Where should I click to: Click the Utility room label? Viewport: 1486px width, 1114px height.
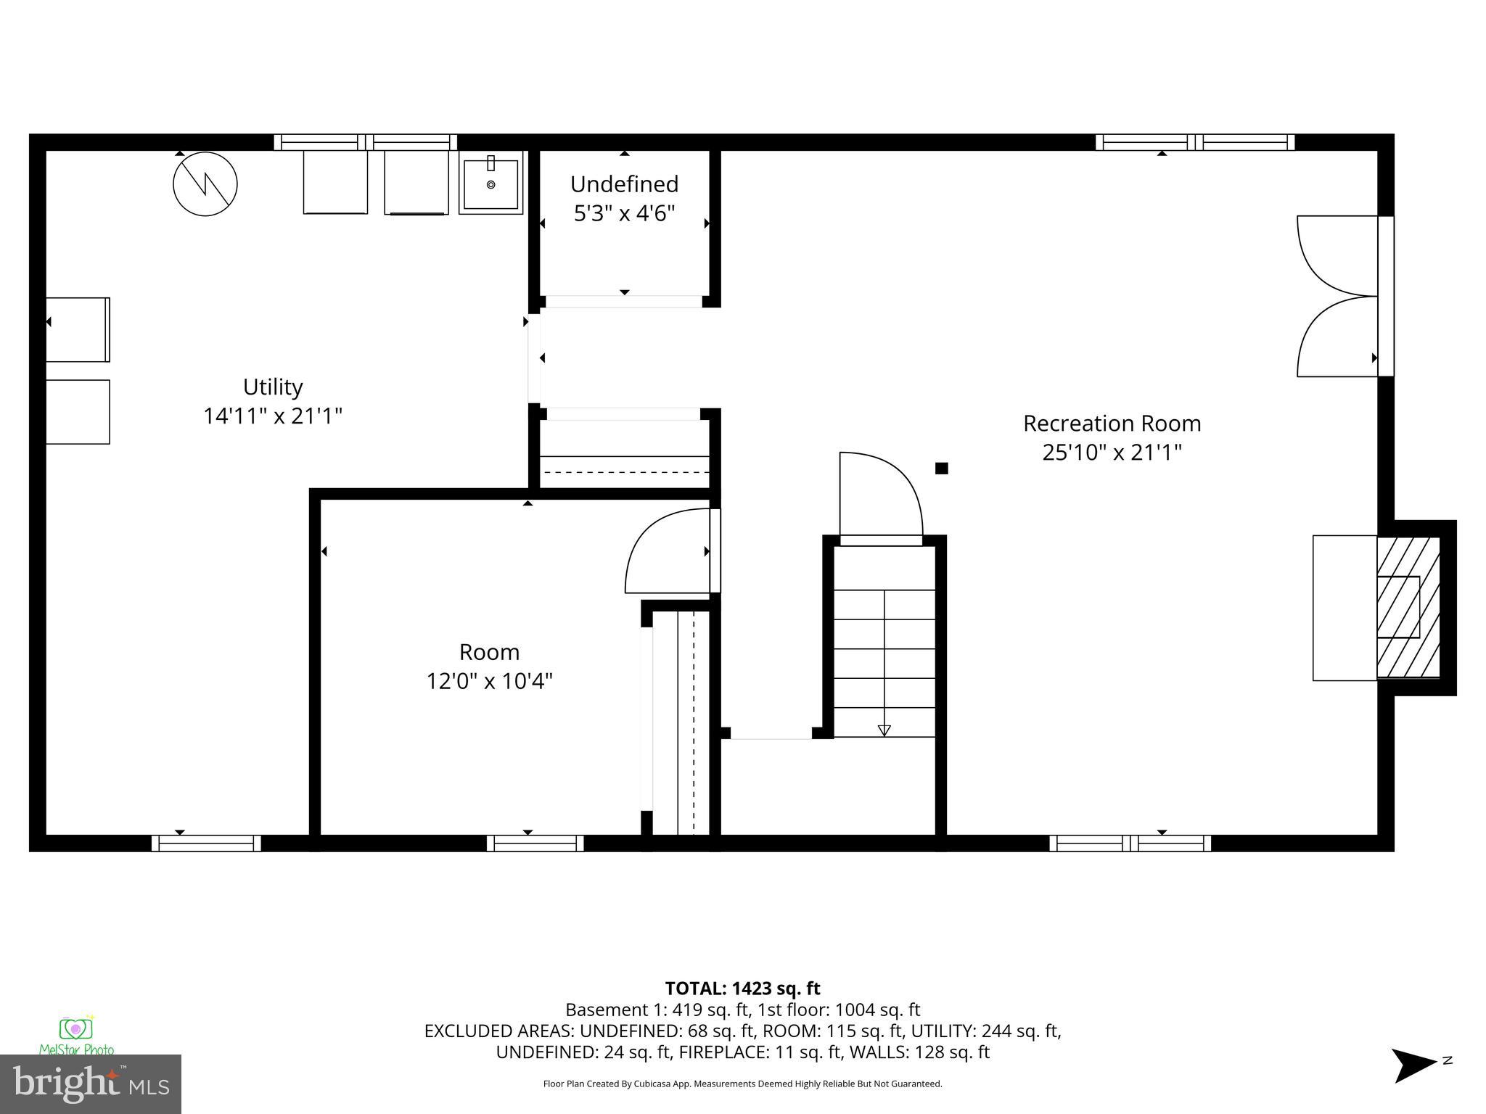click(272, 387)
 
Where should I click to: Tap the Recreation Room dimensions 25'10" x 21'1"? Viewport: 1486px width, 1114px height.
click(1112, 453)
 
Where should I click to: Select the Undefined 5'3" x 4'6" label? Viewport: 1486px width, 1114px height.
click(624, 199)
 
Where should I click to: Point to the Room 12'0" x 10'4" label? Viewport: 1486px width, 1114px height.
click(489, 667)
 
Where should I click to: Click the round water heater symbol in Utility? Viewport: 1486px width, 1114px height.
click(205, 183)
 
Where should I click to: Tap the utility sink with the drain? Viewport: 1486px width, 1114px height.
click(491, 183)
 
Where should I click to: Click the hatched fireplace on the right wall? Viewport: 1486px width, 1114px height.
click(1408, 608)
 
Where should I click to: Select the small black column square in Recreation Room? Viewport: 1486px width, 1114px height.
click(941, 469)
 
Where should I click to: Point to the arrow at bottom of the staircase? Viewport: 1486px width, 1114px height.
click(884, 730)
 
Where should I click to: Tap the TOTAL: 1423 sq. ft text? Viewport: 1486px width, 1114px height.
click(742, 989)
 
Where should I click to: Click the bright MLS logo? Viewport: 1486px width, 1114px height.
click(90, 1084)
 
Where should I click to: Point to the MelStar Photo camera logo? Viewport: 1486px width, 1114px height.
click(76, 1031)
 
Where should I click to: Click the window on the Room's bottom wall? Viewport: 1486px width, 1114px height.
click(535, 843)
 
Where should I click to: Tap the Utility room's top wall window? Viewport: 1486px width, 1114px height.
click(365, 142)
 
